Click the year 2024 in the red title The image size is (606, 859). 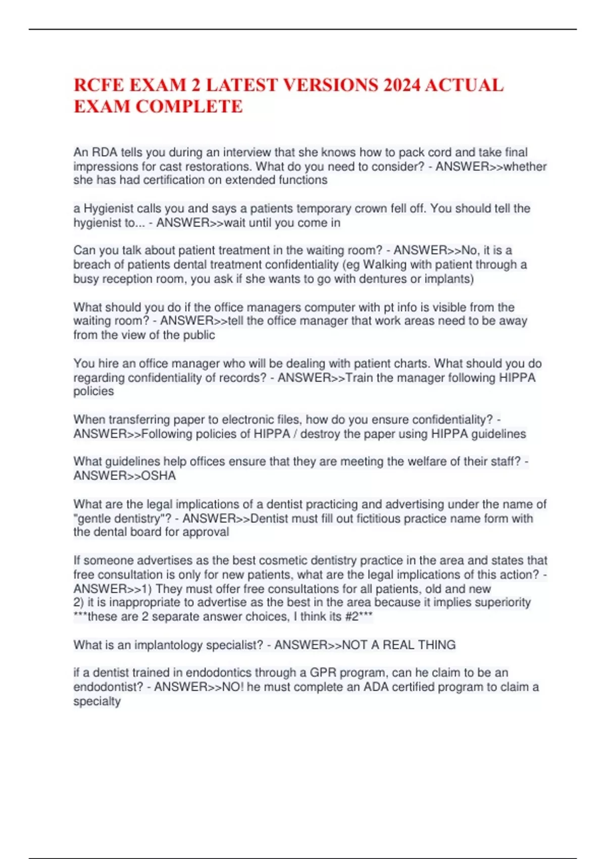click(401, 85)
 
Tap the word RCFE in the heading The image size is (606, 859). click(99, 85)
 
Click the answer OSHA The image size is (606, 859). click(159, 475)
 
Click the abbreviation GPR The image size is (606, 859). click(323, 673)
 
